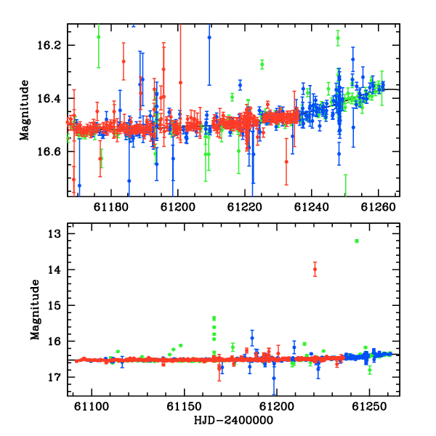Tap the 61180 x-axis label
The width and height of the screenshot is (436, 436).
[x=111, y=207]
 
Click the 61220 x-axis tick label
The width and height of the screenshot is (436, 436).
[x=245, y=207]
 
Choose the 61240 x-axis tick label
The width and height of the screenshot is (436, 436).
[x=312, y=207]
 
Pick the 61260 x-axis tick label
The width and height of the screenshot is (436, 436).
[x=378, y=207]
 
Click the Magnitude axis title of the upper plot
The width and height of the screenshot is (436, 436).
[x=24, y=110]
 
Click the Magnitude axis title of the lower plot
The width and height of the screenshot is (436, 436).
[x=35, y=310]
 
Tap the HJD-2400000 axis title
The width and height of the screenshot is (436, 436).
[x=233, y=420]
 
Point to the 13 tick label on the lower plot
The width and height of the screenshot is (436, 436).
[x=54, y=234]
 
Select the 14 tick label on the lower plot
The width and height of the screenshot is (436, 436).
[x=54, y=270]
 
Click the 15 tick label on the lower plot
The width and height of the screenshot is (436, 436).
[x=54, y=306]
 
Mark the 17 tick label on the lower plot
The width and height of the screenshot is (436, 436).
[x=54, y=377]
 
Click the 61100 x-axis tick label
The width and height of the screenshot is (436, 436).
[x=92, y=407]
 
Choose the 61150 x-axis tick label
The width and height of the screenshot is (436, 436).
[x=184, y=407]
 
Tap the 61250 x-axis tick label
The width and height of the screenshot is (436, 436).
[x=369, y=407]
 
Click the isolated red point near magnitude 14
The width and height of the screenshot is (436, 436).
[x=315, y=269]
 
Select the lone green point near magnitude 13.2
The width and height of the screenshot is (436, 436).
[x=357, y=241]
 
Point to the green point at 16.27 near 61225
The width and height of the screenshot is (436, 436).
[x=262, y=65]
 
